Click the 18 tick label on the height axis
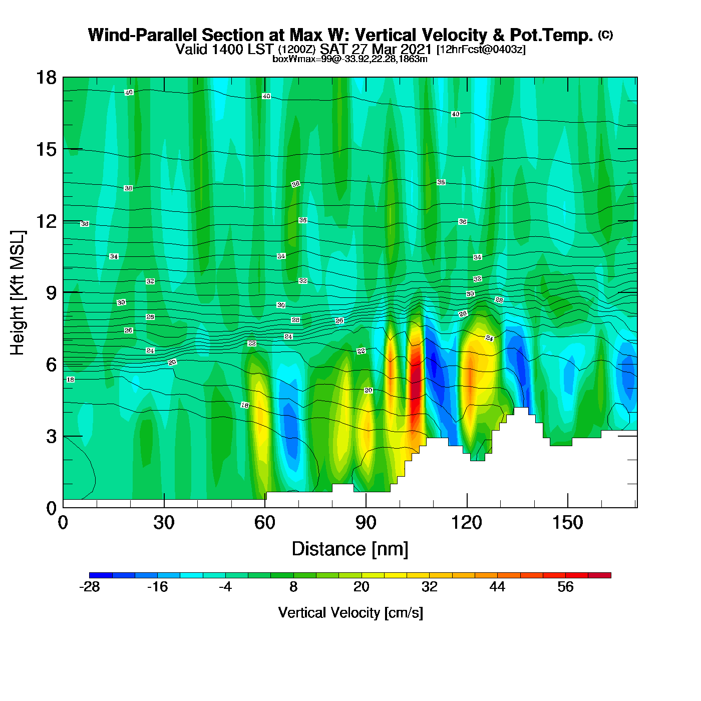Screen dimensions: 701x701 coord(46,78)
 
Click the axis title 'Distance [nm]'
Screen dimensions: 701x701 coord(350,549)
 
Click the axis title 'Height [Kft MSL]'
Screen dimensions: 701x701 coord(18,293)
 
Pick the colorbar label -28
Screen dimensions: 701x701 coord(90,587)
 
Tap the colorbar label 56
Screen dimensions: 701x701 coord(565,587)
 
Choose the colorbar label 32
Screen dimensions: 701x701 coord(429,587)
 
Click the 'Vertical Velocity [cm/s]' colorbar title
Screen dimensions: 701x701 coord(350,613)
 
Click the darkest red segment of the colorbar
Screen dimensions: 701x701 coord(599,575)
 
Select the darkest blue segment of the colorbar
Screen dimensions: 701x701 coord(101,575)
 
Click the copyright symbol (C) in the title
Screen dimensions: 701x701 coord(605,35)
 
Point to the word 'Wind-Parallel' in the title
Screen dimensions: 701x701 coord(143,35)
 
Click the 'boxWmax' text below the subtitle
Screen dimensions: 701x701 coord(289,59)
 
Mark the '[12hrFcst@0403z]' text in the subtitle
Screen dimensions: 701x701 coord(481,50)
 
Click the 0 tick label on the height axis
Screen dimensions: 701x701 coord(51,508)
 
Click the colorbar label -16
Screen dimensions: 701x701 coord(157,587)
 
